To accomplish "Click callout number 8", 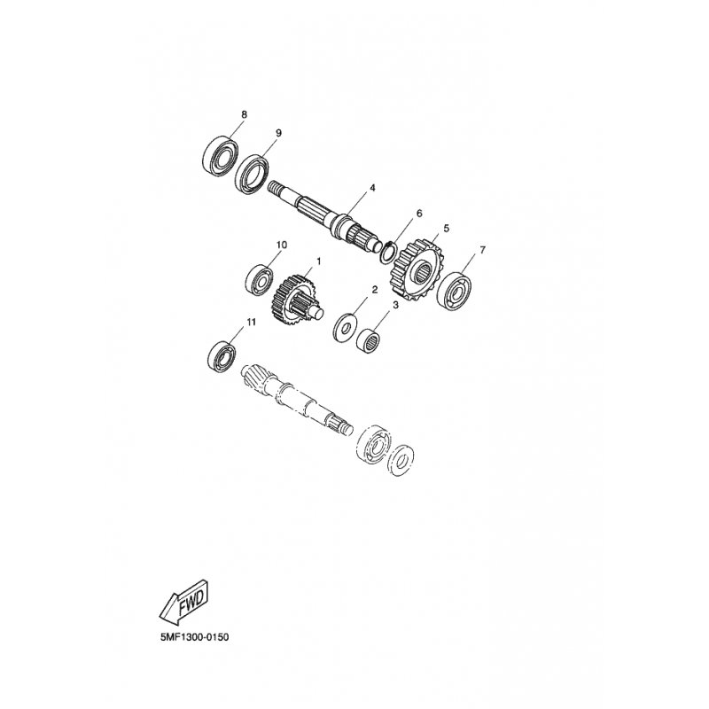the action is tap(245, 114).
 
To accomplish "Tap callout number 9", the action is tap(278, 133).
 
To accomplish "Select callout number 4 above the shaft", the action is tap(372, 188).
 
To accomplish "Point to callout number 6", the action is tap(418, 214).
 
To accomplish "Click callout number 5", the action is tap(447, 228).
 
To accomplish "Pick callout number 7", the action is tap(482, 250).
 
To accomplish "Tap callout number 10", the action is tap(281, 245).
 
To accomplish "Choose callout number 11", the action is tap(251, 322).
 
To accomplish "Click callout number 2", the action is tap(374, 290).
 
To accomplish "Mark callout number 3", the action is tap(395, 306).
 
